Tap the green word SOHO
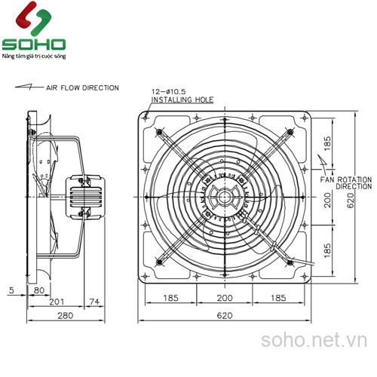[x=34, y=44]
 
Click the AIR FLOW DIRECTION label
[x=82, y=88]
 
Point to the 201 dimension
[x=54, y=302]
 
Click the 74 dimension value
[x=93, y=302]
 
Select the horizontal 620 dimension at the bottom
[x=224, y=316]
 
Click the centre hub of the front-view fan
[x=225, y=197]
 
